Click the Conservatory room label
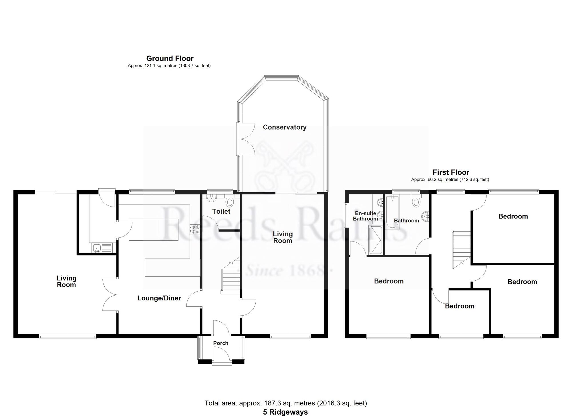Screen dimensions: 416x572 285,127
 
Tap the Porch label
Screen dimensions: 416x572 221,343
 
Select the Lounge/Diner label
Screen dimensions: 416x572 159,298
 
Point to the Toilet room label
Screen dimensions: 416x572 221,211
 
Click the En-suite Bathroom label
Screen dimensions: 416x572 365,216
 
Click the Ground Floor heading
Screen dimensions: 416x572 170,58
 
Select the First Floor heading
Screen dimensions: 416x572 451,172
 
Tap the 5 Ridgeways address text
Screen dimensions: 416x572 285,412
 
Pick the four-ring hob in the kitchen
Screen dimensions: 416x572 196,229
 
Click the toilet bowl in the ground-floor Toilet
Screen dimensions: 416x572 229,202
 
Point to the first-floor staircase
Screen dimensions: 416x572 461,249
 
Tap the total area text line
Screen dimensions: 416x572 285,403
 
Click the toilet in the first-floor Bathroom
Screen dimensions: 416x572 416,201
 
